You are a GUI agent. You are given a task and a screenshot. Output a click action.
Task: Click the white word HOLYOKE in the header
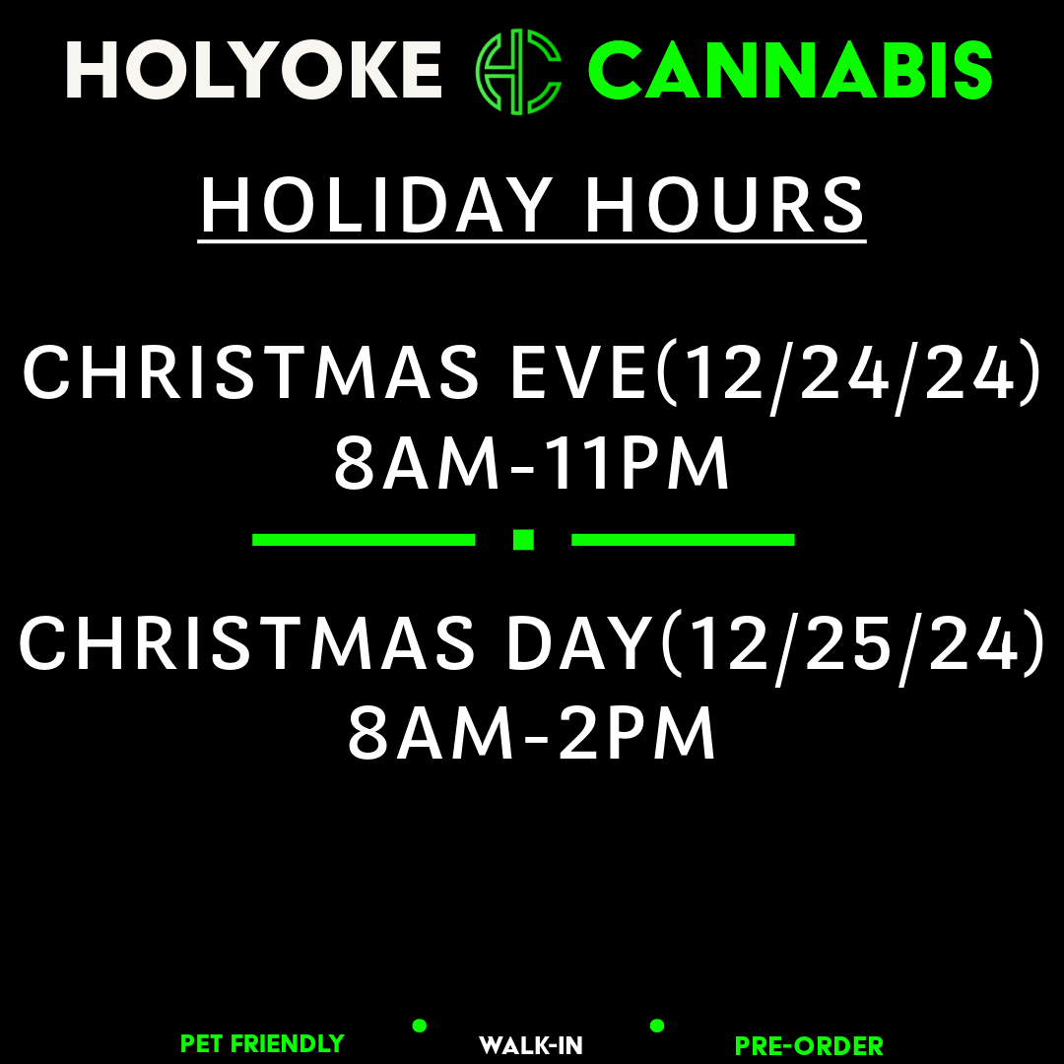[254, 70]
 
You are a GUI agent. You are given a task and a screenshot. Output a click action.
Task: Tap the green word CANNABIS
[790, 70]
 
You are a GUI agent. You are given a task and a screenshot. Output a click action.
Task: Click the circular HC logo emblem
[518, 71]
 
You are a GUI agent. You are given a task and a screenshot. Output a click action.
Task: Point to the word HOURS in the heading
[725, 205]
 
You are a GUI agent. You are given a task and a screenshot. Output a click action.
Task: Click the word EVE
[579, 371]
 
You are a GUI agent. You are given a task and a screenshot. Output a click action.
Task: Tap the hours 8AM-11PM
[532, 463]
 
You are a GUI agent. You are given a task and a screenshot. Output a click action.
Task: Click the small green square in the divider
[523, 540]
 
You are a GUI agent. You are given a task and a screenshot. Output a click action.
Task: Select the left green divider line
[364, 540]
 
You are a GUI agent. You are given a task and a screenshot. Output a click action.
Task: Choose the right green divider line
[683, 540]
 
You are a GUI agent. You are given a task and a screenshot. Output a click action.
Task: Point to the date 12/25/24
[855, 645]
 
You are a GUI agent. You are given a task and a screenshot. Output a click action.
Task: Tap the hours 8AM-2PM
[532, 734]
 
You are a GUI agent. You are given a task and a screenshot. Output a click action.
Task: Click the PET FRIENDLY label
[263, 1043]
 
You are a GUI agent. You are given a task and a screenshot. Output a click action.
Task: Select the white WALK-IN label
[531, 1045]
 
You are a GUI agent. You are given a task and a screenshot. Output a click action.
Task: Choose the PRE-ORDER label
[810, 1046]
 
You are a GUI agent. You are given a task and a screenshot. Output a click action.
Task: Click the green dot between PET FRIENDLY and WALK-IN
[420, 1026]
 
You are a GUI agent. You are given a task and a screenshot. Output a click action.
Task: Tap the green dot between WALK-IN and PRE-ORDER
[657, 1026]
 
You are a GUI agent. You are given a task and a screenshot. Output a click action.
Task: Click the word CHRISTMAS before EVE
[251, 371]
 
